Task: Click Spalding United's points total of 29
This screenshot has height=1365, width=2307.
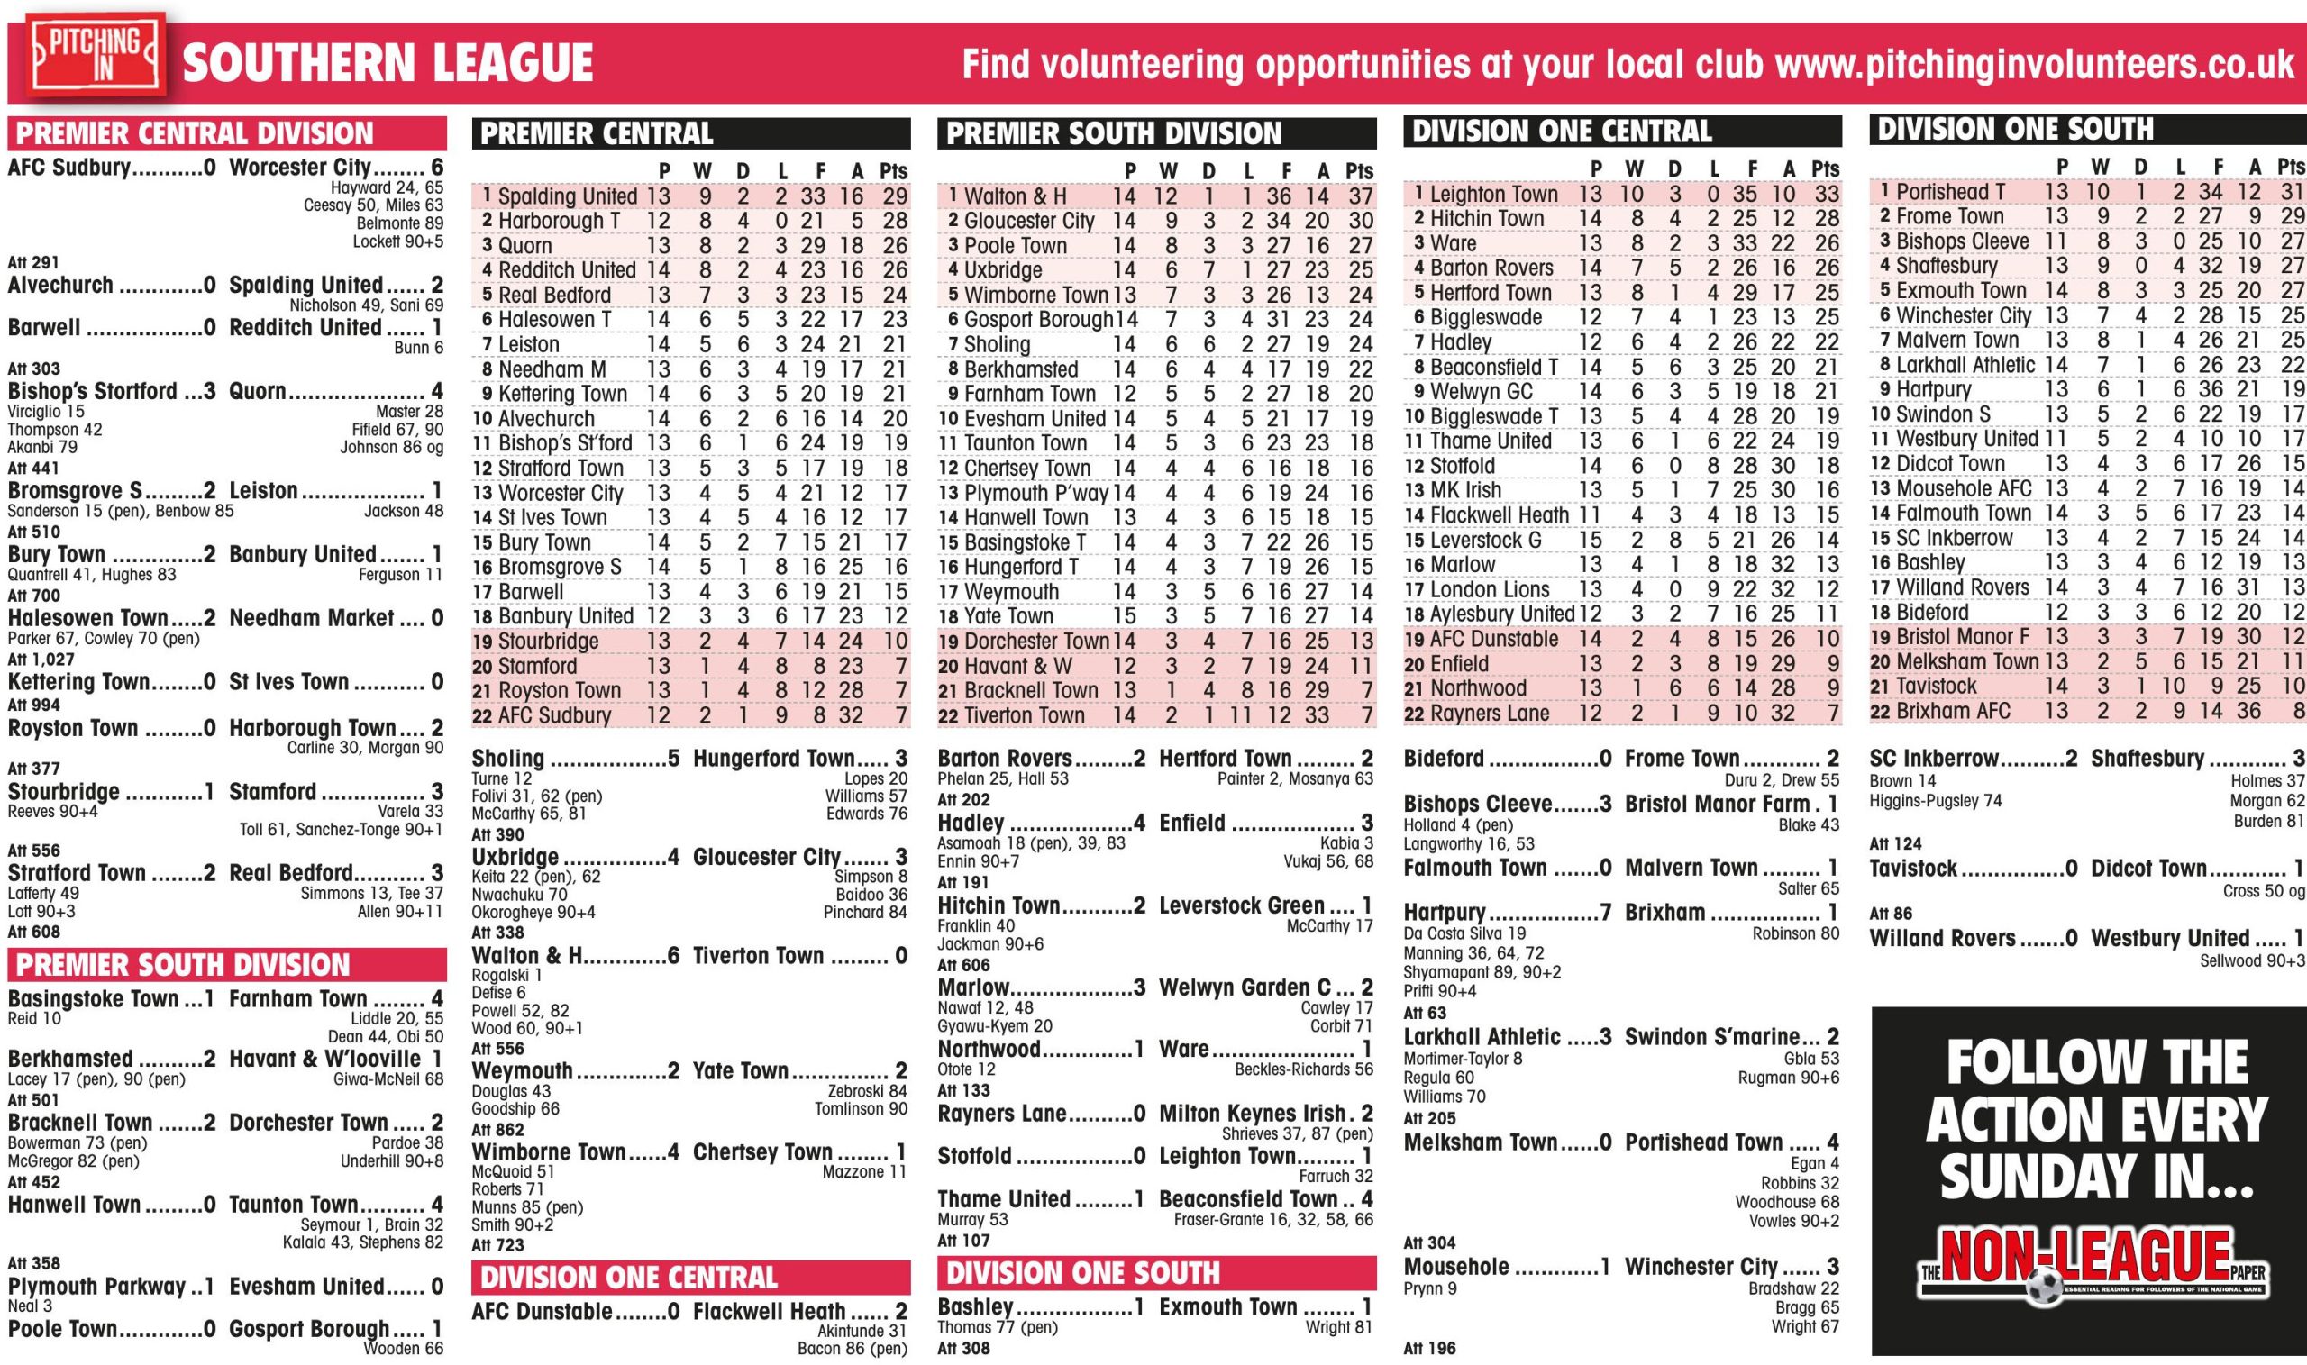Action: [893, 196]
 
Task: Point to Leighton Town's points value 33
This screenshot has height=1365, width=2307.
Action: [1826, 194]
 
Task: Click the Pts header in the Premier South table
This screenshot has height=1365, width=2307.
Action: [1359, 171]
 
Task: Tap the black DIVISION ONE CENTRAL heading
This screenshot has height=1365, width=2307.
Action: [1561, 132]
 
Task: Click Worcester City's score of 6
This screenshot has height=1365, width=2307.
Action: [437, 168]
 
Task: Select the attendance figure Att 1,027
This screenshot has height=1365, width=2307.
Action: [34, 660]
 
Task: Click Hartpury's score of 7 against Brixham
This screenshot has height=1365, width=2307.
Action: [1605, 914]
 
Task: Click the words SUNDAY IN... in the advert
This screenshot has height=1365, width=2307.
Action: [2096, 1178]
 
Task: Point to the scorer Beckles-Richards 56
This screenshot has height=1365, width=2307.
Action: [1303, 1069]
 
